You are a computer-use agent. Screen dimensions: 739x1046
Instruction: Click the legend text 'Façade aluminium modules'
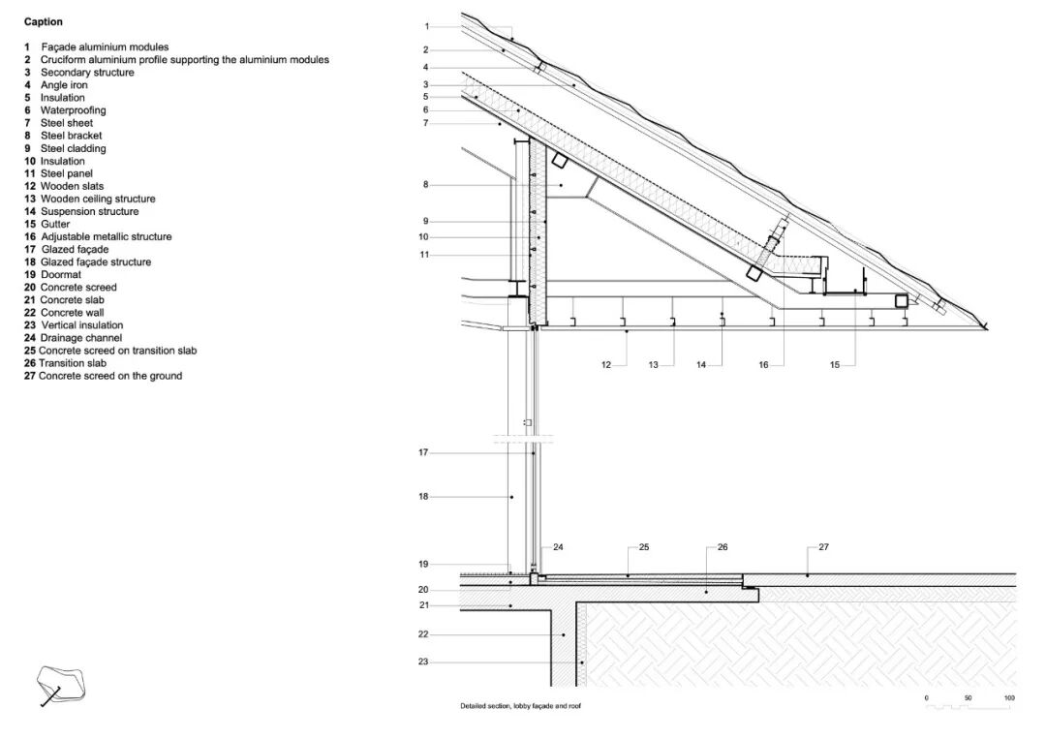click(x=105, y=46)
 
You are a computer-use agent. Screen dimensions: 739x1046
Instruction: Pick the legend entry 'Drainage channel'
click(x=81, y=338)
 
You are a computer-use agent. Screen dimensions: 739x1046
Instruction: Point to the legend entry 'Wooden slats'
click(x=72, y=186)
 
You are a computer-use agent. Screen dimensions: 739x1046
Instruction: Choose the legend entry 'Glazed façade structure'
click(x=96, y=262)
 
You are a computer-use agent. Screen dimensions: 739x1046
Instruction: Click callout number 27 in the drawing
click(x=824, y=548)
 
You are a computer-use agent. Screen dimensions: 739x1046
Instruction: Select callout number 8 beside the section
click(x=425, y=184)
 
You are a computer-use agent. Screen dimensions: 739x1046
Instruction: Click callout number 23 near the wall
click(x=423, y=662)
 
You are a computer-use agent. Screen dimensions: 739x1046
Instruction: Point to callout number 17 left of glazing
click(x=423, y=452)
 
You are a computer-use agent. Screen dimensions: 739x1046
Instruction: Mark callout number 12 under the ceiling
click(x=605, y=365)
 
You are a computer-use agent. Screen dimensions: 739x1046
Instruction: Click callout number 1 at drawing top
click(x=426, y=26)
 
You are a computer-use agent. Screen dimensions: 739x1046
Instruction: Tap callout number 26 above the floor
click(x=722, y=548)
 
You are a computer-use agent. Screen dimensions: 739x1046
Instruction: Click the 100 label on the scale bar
click(x=1009, y=698)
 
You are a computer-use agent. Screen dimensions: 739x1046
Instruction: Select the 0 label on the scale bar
click(x=926, y=698)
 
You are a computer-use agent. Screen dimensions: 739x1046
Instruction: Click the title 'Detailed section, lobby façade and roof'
click(x=520, y=706)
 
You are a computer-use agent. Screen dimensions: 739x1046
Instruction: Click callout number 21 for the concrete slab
click(x=423, y=605)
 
